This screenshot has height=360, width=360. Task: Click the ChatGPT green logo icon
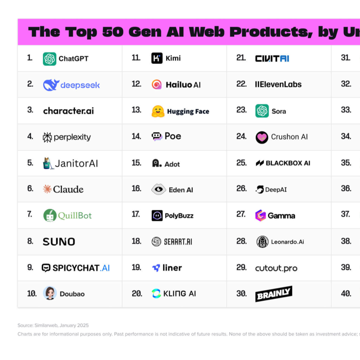click(x=49, y=59)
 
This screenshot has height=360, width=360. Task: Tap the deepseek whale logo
click(x=51, y=85)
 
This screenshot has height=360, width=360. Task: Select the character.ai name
click(x=68, y=111)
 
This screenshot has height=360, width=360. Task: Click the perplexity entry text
click(x=72, y=137)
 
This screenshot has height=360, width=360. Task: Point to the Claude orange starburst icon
click(x=47, y=189)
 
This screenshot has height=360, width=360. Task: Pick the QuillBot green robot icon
click(x=49, y=216)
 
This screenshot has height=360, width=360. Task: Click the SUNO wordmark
click(x=59, y=242)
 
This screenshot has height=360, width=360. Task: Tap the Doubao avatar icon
click(x=49, y=293)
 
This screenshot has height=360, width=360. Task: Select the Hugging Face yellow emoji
click(x=158, y=111)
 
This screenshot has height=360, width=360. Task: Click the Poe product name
click(x=173, y=136)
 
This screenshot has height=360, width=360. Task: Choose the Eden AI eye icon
click(x=158, y=189)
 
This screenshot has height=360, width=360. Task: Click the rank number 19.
click(x=136, y=267)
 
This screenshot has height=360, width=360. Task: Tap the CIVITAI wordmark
click(x=272, y=58)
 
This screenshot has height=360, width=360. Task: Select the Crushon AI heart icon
click(x=262, y=137)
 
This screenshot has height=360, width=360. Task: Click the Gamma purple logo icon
click(x=261, y=216)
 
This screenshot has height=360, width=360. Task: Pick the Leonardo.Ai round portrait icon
click(x=262, y=242)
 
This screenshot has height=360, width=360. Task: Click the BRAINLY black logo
click(x=274, y=294)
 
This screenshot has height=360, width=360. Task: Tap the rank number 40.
click(x=346, y=293)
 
